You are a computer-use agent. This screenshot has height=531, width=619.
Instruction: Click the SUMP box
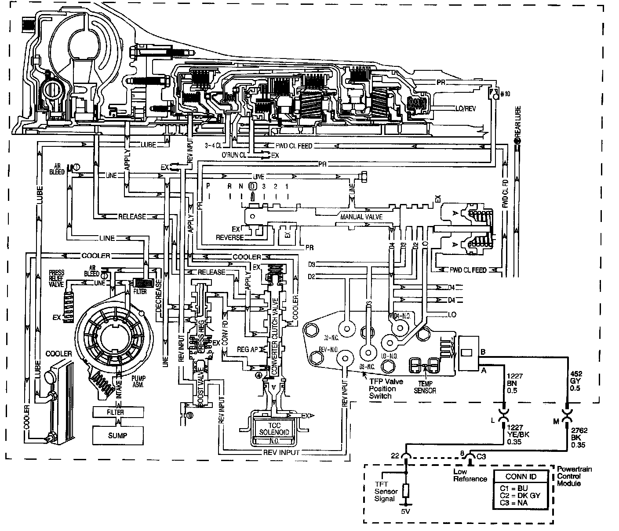pos(117,436)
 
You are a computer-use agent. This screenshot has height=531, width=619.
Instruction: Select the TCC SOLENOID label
pos(274,429)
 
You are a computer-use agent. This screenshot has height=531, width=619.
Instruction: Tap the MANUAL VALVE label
pos(361,217)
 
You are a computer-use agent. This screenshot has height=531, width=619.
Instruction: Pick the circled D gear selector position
pos(252,186)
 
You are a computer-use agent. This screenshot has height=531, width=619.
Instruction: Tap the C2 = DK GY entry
pos(520,495)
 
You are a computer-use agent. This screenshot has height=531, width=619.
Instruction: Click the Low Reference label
pos(470,475)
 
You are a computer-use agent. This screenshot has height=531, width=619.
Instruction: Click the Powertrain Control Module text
pos(574,476)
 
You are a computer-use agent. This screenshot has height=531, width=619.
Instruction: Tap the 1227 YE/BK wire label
pos(517,435)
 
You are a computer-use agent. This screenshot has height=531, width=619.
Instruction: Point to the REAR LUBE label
pos(518,122)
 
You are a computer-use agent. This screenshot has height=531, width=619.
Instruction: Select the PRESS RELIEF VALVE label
pos(57,279)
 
